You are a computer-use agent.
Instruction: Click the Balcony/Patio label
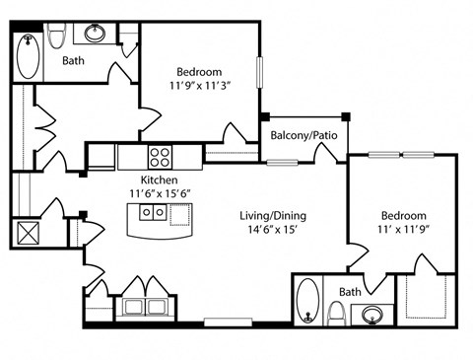(304, 135)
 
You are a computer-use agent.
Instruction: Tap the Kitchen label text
(160, 180)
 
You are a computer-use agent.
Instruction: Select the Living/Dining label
(273, 216)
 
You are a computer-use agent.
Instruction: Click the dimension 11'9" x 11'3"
(199, 86)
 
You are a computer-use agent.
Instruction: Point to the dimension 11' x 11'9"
(404, 229)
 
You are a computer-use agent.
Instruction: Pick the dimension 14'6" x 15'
(273, 230)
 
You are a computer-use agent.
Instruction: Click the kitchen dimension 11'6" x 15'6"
(160, 193)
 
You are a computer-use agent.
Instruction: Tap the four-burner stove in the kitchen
(160, 157)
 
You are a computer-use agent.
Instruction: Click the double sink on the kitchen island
(153, 212)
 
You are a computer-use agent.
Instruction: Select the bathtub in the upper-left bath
(29, 56)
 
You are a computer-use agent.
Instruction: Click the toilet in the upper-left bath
(56, 36)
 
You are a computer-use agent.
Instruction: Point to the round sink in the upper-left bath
(95, 33)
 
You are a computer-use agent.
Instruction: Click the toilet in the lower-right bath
(337, 314)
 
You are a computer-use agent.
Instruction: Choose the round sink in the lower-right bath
(372, 315)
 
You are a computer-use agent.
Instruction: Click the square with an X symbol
(28, 233)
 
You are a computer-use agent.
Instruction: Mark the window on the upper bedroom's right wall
(259, 72)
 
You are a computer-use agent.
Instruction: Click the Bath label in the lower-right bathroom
(350, 292)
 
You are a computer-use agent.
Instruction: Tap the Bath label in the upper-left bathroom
(73, 60)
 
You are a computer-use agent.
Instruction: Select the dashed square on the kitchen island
(180, 215)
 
